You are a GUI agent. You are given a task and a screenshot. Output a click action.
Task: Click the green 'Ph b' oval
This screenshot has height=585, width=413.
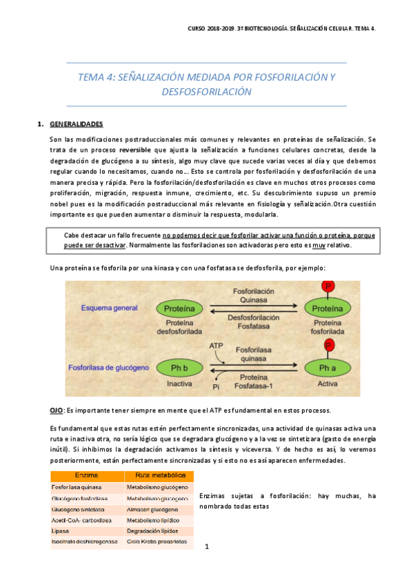click(179, 366)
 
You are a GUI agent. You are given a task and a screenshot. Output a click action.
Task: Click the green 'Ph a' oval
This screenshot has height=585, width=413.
click(329, 366)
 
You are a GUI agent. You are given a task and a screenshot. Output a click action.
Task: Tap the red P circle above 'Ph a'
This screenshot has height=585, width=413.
click(329, 344)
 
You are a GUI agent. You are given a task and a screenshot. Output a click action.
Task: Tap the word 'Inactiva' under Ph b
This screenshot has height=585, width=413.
click(179, 383)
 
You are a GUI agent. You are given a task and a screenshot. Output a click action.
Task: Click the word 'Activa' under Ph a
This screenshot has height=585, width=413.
click(329, 383)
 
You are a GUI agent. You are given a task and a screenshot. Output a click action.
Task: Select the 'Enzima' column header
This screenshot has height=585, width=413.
click(88, 476)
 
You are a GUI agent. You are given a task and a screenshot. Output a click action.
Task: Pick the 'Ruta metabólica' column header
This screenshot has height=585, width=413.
click(158, 476)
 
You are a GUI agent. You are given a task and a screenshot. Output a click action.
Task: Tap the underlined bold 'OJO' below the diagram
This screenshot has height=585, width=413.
click(57, 410)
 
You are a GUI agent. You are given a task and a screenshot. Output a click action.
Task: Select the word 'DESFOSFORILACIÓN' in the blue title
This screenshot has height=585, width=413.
click(206, 91)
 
